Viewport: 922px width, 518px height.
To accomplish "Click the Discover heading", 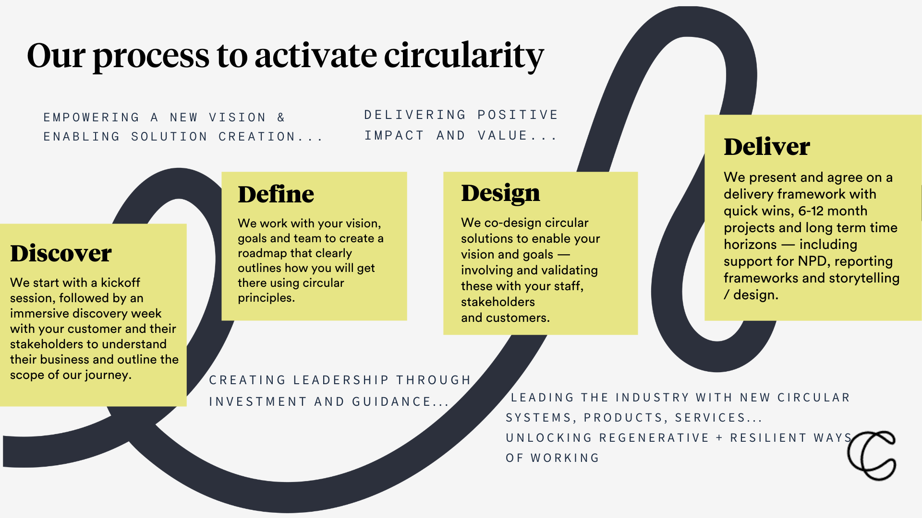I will click(61, 253).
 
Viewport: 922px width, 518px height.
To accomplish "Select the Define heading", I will click(276, 194).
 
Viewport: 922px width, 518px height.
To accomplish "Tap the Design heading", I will click(500, 193).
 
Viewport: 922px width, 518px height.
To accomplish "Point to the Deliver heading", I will click(767, 147).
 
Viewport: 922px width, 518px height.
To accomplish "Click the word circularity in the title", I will click(463, 56).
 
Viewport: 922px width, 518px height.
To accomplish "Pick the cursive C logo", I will click(872, 456).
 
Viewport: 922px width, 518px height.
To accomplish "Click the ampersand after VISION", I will click(281, 118).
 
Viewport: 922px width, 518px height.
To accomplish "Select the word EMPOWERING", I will click(91, 118).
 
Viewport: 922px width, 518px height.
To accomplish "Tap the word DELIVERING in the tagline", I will click(415, 115).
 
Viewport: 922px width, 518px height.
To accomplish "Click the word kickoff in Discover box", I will click(120, 283).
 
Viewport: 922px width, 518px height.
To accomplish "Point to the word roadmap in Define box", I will click(261, 253).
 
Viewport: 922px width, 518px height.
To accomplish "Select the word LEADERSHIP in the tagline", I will click(340, 380).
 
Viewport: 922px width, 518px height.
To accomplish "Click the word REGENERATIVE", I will click(654, 438).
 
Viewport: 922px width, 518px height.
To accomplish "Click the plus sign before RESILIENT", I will click(719, 438).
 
